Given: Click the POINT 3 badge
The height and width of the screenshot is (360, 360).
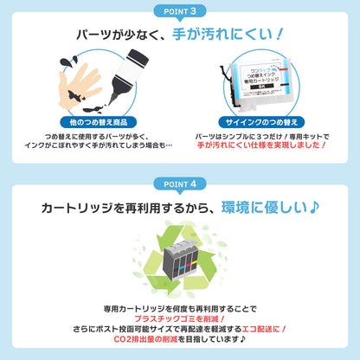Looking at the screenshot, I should (180, 10).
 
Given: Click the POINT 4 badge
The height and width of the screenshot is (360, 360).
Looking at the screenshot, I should (180, 183).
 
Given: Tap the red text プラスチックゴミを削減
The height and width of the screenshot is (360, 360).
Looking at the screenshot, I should (179, 318).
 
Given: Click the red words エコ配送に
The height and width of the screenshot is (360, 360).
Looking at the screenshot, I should (259, 331).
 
